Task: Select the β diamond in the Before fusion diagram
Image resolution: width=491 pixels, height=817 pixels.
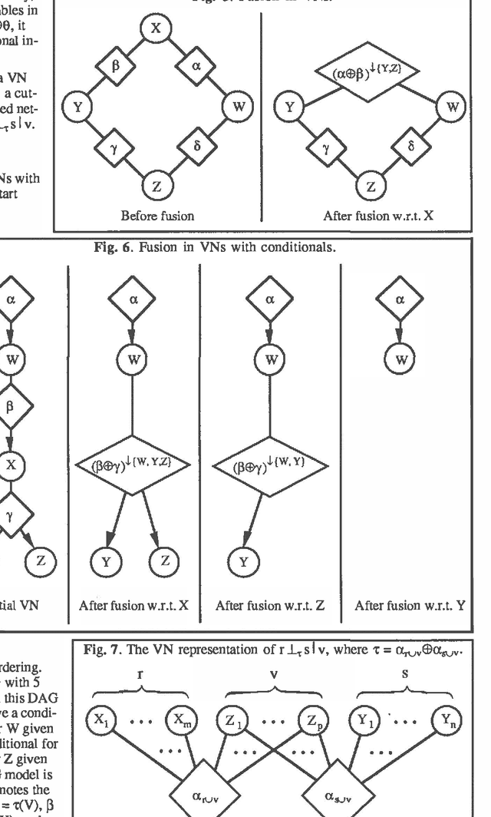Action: (116, 66)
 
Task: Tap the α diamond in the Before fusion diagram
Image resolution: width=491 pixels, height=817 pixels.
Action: (196, 66)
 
